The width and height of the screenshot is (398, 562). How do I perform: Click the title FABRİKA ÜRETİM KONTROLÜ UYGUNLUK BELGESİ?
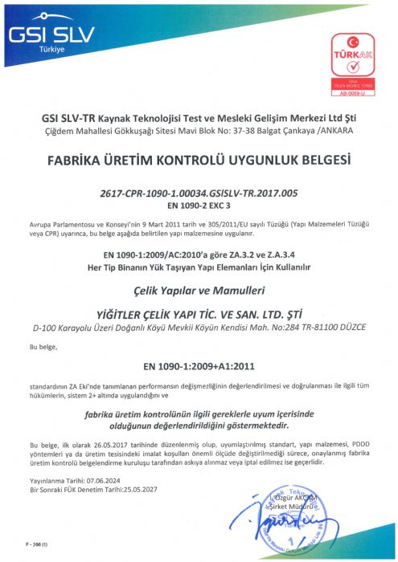(199, 160)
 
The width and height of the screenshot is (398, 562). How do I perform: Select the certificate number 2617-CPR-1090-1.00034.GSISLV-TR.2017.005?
(199, 193)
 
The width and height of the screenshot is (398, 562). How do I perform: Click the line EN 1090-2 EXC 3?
(199, 205)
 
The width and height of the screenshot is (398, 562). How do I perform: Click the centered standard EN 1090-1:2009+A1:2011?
(199, 365)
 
